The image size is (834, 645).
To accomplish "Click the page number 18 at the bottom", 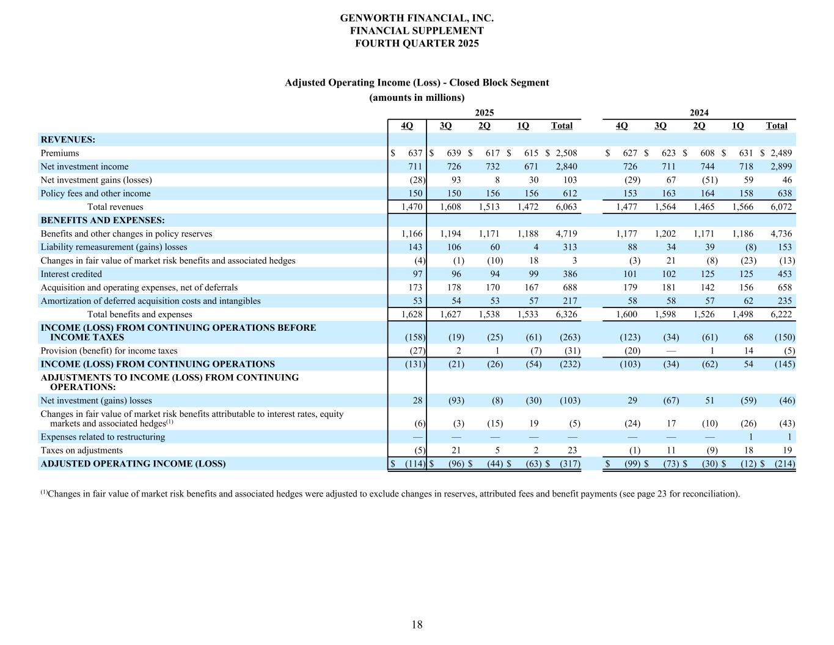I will pyautogui.click(x=417, y=624).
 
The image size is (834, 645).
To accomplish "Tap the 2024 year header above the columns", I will pyautogui.click(x=699, y=112).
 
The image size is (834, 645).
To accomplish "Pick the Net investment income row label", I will pyautogui.click(x=84, y=167).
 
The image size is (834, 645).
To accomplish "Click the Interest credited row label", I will pyautogui.click(x=71, y=275).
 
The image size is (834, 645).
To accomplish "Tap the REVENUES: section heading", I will pyautogui.click(x=68, y=140).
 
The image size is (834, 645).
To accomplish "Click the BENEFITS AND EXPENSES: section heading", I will pyautogui.click(x=103, y=221).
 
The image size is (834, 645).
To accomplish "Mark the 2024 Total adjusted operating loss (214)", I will pyautogui.click(x=785, y=464).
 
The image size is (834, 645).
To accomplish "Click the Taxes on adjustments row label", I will pyautogui.click(x=81, y=451).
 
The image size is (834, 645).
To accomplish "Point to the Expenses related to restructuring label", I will pyautogui.click(x=103, y=437).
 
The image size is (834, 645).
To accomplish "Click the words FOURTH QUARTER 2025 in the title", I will pyautogui.click(x=417, y=43).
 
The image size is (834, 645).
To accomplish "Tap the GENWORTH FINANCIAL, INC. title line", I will pyautogui.click(x=417, y=18).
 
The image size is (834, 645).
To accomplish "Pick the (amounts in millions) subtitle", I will pyautogui.click(x=417, y=98).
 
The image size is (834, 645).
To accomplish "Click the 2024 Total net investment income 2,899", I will pyautogui.click(x=781, y=167).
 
